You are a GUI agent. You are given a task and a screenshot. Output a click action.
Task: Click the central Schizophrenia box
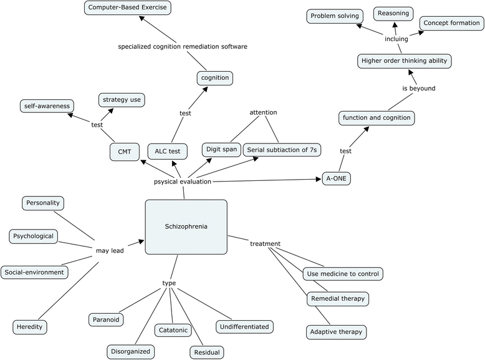tap(186, 227)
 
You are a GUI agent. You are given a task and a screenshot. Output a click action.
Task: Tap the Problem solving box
tap(331, 17)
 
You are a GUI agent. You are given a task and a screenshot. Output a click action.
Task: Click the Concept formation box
tap(451, 23)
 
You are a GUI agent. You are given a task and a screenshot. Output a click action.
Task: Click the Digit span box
tap(221, 150)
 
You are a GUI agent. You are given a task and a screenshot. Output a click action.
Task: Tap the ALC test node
tap(167, 151)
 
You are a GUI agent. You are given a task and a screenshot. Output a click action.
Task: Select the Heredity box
tap(30, 326)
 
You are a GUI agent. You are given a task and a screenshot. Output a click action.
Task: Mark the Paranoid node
tap(105, 319)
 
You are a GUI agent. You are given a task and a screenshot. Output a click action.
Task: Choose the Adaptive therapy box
tap(337, 331)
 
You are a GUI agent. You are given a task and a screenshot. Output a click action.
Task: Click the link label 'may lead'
tap(109, 251)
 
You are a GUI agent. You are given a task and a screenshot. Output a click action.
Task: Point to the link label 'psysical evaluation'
tap(183, 182)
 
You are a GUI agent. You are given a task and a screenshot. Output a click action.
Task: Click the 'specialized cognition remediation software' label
tap(183, 46)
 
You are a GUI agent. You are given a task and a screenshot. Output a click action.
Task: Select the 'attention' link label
tap(263, 112)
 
